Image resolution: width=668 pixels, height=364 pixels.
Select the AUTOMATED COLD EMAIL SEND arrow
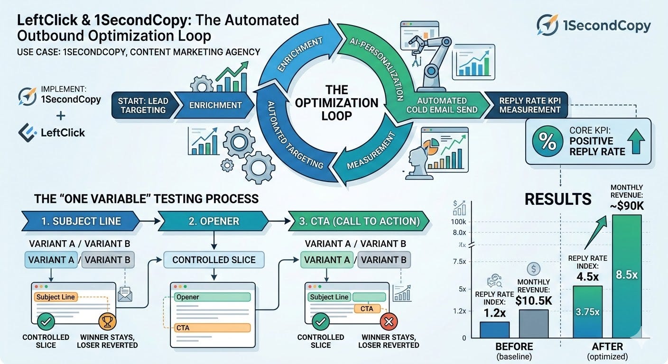441,105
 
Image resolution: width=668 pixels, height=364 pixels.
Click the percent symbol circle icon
547,141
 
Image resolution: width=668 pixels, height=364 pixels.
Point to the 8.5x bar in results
627,276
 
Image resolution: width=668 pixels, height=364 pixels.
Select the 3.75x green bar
587,311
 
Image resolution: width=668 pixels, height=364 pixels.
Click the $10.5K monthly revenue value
534,301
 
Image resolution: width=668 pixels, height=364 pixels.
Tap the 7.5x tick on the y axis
459,262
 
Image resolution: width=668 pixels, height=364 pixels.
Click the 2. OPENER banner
213,221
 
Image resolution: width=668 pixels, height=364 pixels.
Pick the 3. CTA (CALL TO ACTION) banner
359,221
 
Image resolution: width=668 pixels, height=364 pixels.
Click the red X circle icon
389,322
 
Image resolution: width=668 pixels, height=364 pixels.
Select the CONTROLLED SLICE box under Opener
214,260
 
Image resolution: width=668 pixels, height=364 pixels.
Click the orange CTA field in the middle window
213,328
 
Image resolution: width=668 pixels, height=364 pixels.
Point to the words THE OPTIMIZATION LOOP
336,103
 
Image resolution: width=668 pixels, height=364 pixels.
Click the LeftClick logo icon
28,133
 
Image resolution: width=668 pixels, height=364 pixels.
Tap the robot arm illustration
429,63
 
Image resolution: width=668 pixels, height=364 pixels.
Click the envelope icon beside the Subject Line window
125,294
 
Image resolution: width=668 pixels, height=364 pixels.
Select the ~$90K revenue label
627,206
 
